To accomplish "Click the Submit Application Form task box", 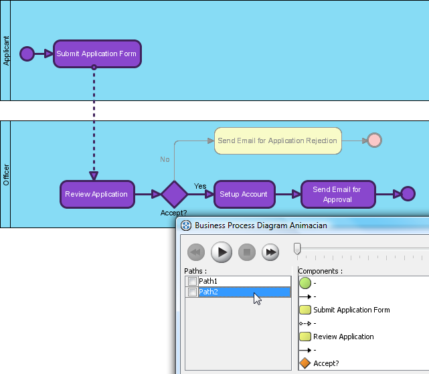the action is tap(97, 54).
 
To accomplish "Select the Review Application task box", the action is tap(97, 194).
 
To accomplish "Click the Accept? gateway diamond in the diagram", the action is tap(174, 194).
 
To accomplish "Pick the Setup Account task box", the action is tap(244, 194).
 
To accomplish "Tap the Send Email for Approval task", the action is tap(338, 194).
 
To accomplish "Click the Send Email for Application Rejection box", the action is tap(278, 141).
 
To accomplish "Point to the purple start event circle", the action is tap(27, 54).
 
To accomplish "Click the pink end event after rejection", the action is tap(374, 141).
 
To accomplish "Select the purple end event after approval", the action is tap(408, 194).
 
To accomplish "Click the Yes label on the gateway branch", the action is tap(200, 186).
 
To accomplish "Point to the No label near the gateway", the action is tap(165, 159).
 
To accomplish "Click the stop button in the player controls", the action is tap(247, 252).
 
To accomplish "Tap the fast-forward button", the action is tap(270, 252).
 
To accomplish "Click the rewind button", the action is tap(196, 252).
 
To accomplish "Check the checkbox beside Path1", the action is tap(192, 281).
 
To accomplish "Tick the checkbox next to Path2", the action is tap(192, 292).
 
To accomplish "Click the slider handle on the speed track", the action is tap(297, 249).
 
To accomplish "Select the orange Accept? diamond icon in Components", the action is tap(305, 363).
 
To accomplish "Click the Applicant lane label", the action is tap(6, 51).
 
